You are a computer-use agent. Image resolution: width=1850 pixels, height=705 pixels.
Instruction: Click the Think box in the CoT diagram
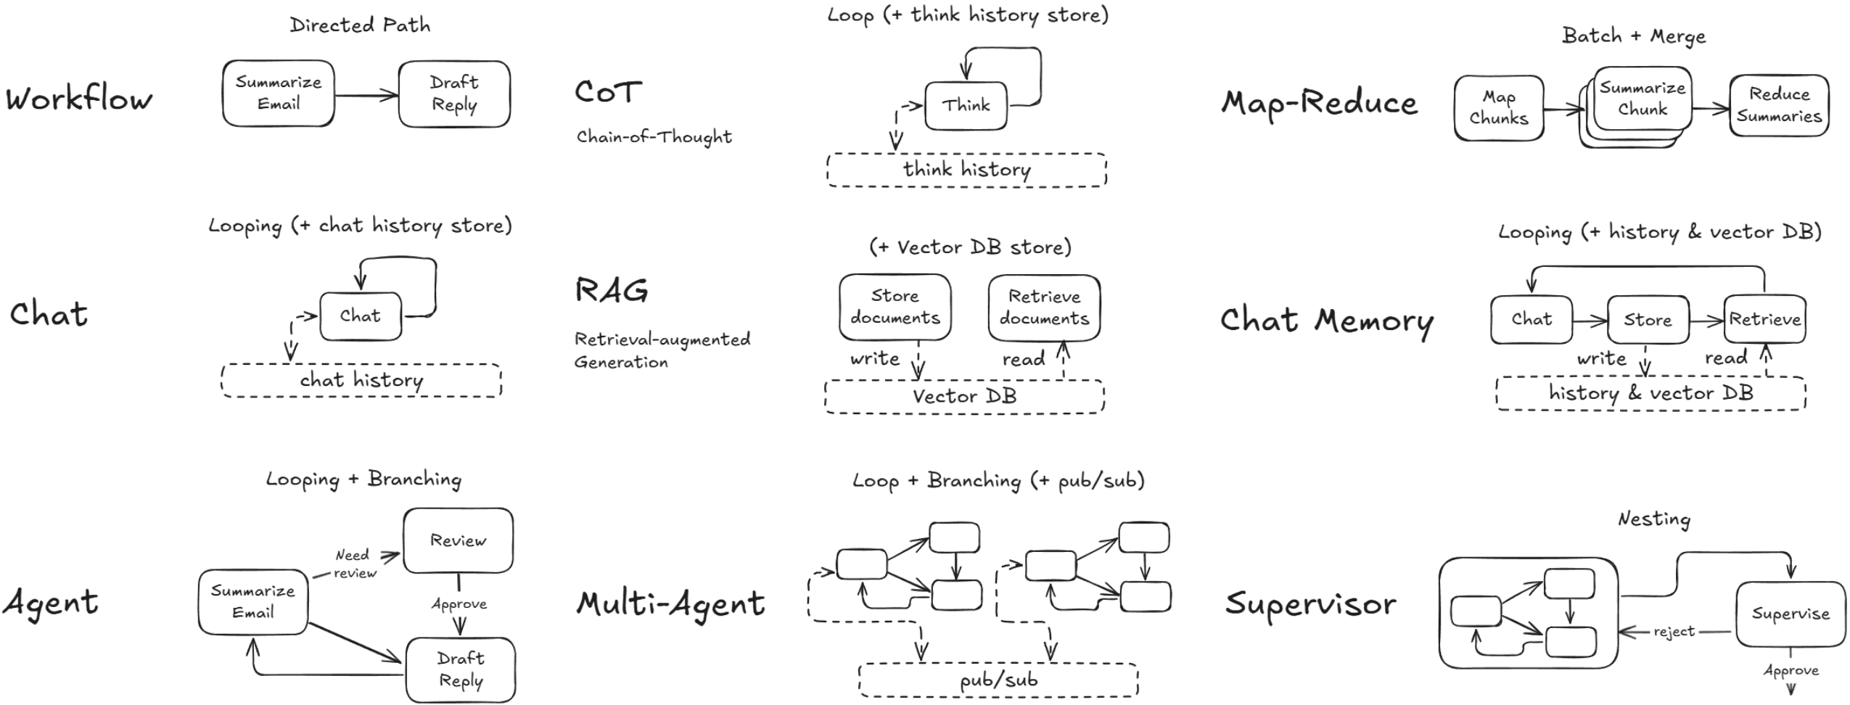[966, 106]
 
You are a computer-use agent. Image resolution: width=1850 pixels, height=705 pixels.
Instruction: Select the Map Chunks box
[1498, 108]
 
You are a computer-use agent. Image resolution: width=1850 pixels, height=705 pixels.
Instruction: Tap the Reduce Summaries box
[1778, 106]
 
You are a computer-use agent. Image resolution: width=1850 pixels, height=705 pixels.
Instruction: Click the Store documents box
[895, 307]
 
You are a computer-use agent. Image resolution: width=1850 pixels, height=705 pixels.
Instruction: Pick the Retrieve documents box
[1044, 308]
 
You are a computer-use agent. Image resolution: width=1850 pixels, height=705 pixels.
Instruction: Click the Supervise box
[1790, 614]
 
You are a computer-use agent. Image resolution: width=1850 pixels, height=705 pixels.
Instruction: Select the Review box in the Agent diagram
[458, 540]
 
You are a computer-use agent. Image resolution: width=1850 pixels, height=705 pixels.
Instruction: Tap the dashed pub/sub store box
[998, 680]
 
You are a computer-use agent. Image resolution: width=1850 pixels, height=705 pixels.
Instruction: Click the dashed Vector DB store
[964, 397]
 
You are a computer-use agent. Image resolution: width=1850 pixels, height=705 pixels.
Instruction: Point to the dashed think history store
[966, 170]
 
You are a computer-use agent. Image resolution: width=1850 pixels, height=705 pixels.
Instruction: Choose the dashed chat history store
[361, 380]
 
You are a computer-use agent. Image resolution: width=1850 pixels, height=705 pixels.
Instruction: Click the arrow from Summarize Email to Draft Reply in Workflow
[366, 95]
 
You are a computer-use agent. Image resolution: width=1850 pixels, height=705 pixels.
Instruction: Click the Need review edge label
[355, 564]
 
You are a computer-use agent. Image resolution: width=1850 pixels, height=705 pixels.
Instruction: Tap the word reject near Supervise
[1674, 632]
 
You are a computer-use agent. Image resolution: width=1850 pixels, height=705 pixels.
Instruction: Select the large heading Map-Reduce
[1319, 104]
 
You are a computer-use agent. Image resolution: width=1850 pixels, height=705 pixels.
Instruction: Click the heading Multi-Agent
[670, 603]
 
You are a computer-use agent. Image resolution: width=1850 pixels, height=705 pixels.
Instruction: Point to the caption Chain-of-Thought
[654, 137]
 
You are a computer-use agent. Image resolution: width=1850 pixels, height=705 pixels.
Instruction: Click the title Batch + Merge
[1634, 36]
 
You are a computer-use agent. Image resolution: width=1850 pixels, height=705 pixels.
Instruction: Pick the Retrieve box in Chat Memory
[1764, 319]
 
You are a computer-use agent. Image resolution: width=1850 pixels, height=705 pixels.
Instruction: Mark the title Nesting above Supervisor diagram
[1654, 519]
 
